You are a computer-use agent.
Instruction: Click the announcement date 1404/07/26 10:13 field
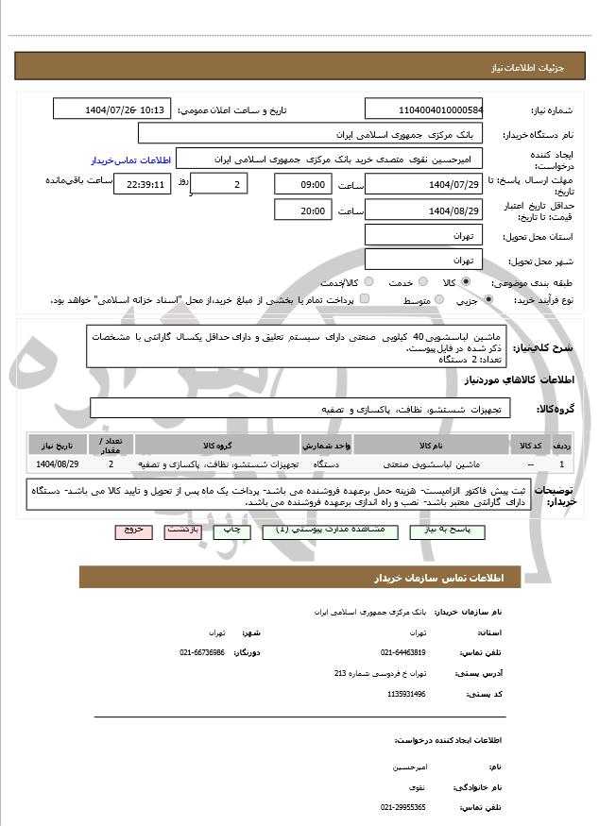[x=112, y=110]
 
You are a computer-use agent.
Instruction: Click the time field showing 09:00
[x=302, y=184]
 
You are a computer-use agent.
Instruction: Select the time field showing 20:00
[x=302, y=210]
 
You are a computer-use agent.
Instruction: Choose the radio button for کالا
[x=466, y=282]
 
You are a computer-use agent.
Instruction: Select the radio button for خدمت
[x=422, y=282]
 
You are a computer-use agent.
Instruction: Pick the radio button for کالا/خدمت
[x=368, y=282]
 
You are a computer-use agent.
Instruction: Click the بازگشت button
[x=180, y=531]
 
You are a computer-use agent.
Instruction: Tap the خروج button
[x=132, y=531]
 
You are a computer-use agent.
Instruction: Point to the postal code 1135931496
[x=406, y=694]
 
